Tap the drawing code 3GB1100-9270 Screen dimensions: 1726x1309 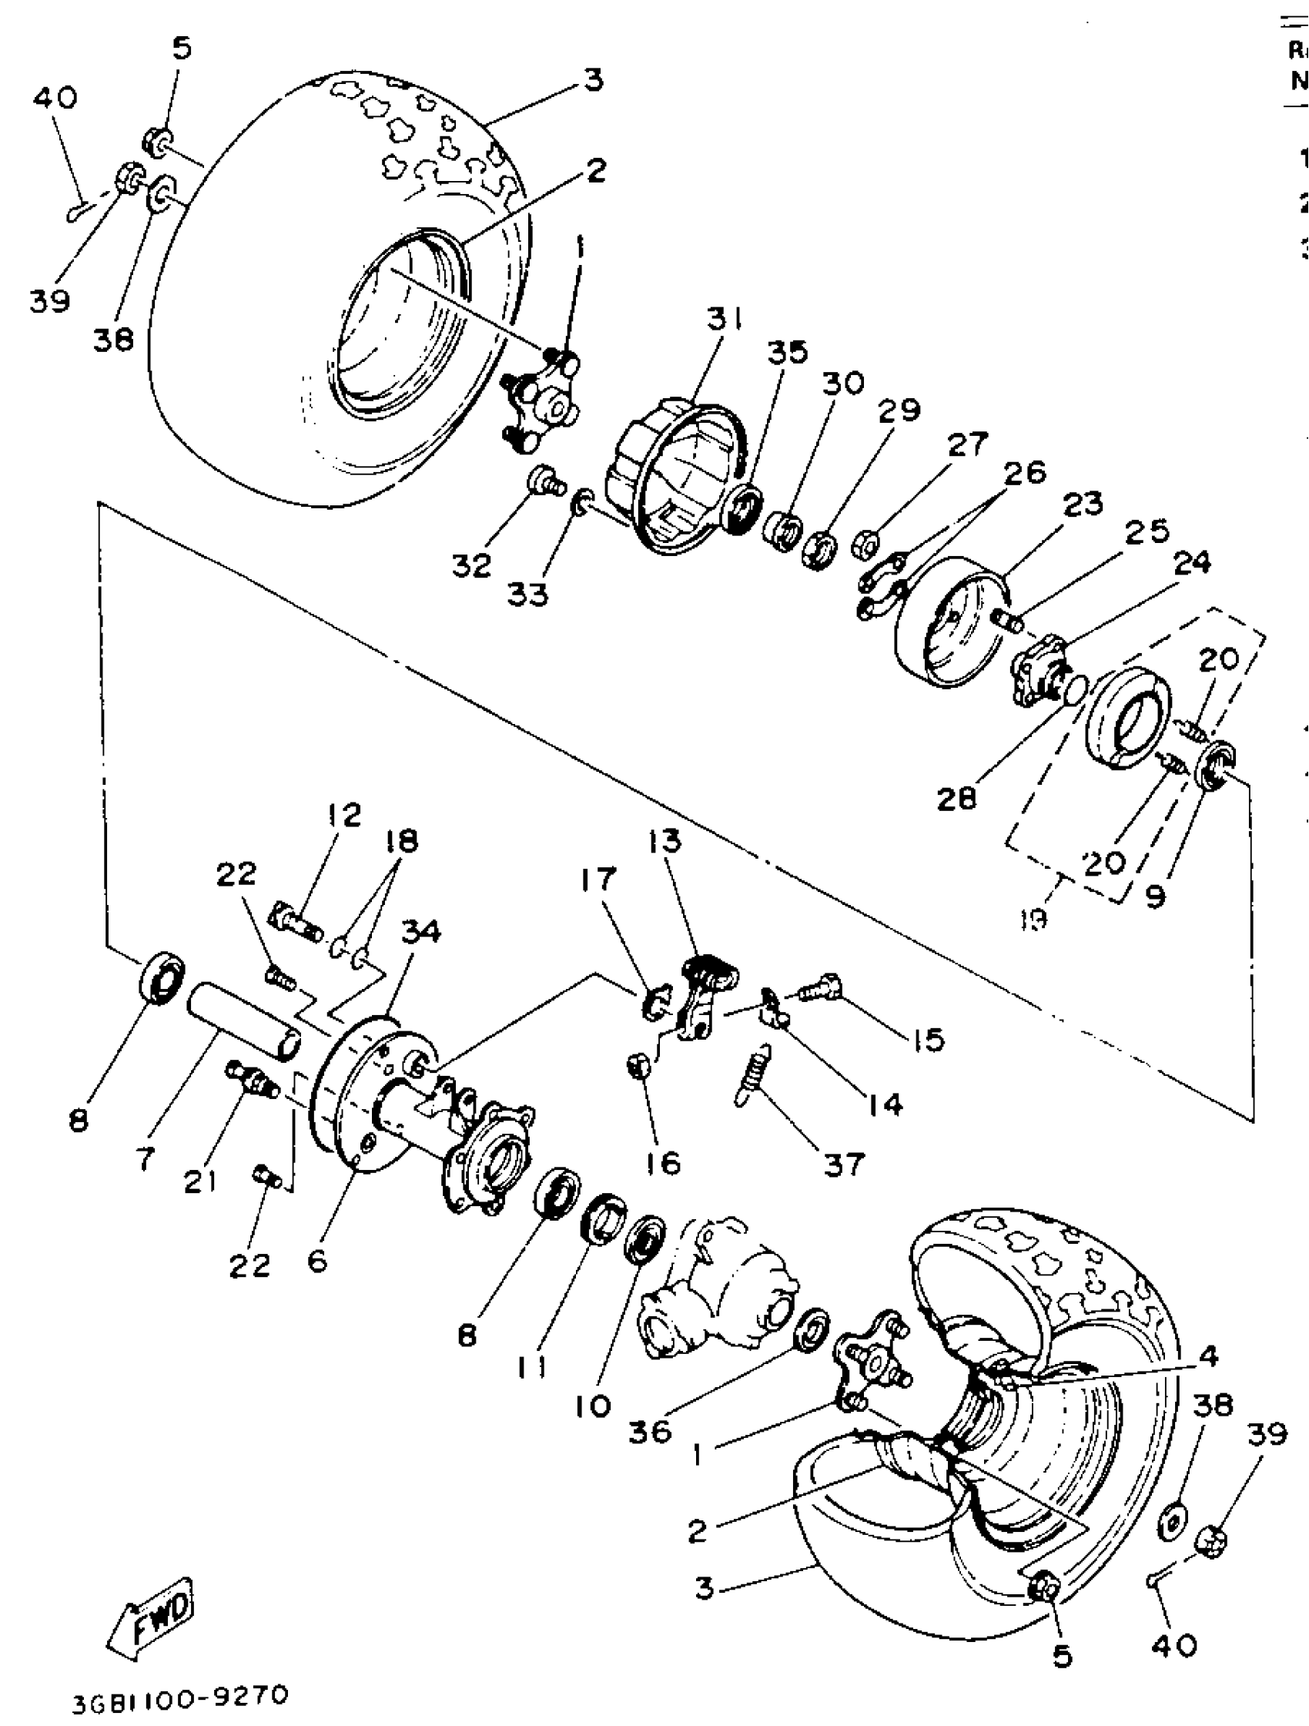tap(180, 1697)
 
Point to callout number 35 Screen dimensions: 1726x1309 tap(787, 353)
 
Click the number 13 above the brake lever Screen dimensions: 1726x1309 tap(663, 841)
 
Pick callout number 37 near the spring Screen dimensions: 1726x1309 tap(844, 1165)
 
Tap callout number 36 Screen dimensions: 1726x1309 tap(649, 1432)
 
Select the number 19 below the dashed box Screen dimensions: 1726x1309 tap(1033, 920)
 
